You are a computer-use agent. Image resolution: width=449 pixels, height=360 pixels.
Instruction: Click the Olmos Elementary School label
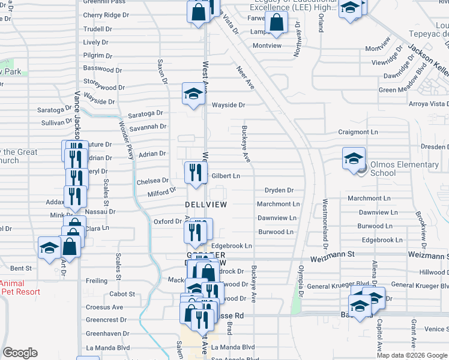tap(404, 169)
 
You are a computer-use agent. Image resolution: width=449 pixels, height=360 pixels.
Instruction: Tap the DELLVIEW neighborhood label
tap(206, 205)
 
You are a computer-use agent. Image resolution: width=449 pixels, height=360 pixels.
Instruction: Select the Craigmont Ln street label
tap(358, 132)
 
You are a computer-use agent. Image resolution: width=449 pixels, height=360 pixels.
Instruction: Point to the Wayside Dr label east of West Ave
tap(229, 105)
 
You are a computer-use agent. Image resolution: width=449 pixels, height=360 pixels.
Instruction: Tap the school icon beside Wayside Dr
tap(193, 94)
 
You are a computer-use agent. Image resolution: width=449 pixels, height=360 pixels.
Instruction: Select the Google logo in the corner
tap(20, 353)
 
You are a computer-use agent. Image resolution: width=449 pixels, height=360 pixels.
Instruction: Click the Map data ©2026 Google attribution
tap(412, 355)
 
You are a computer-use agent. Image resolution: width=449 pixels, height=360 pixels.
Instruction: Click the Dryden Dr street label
tap(279, 190)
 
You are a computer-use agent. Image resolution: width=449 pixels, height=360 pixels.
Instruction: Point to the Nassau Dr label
tap(100, 212)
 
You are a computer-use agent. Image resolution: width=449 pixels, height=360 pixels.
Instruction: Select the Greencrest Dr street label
tap(106, 320)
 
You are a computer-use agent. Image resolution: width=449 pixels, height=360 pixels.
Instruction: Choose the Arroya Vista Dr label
tap(426, 103)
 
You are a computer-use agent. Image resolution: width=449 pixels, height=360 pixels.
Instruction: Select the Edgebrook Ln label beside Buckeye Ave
tap(231, 246)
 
